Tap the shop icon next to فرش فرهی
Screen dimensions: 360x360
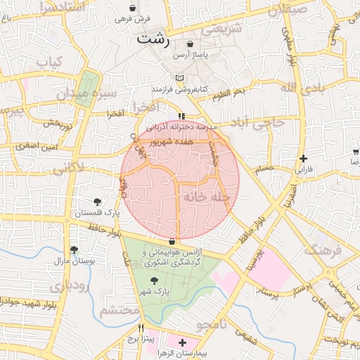153,8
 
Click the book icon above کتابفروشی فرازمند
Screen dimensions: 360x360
180,78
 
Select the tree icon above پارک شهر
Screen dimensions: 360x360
154,281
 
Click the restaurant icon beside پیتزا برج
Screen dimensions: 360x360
141,328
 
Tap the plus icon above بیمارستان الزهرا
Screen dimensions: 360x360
183,343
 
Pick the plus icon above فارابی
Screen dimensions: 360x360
302,158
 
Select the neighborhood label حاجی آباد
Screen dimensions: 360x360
258,123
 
